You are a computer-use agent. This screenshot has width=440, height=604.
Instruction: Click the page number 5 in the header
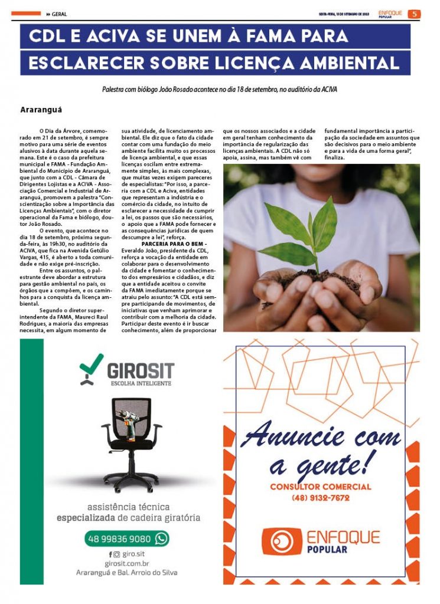(415, 14)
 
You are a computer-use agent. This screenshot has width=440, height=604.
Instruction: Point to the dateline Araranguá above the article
(41, 110)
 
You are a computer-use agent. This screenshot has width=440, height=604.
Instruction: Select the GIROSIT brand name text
(141, 370)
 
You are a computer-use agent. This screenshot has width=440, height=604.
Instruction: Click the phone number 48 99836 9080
(119, 539)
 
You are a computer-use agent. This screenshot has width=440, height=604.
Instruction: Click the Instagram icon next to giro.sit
(116, 554)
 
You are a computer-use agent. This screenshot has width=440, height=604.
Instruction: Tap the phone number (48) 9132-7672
(320, 498)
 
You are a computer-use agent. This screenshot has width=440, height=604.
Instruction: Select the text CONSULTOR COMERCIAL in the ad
(321, 487)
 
